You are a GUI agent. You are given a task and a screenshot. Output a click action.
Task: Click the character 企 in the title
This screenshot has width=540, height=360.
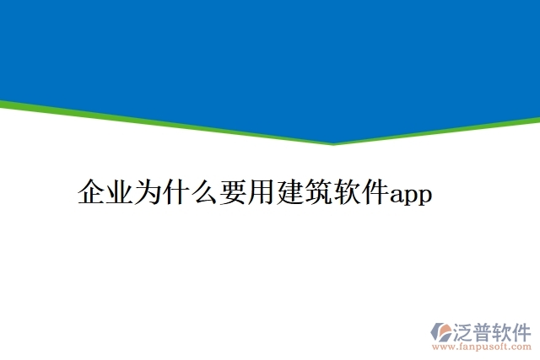90,193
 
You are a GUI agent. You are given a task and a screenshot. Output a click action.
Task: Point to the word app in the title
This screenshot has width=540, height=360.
411,196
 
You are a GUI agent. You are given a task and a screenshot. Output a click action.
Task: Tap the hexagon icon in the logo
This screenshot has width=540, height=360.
441,330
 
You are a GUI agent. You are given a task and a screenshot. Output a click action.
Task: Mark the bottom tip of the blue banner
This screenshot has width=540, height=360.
334,142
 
